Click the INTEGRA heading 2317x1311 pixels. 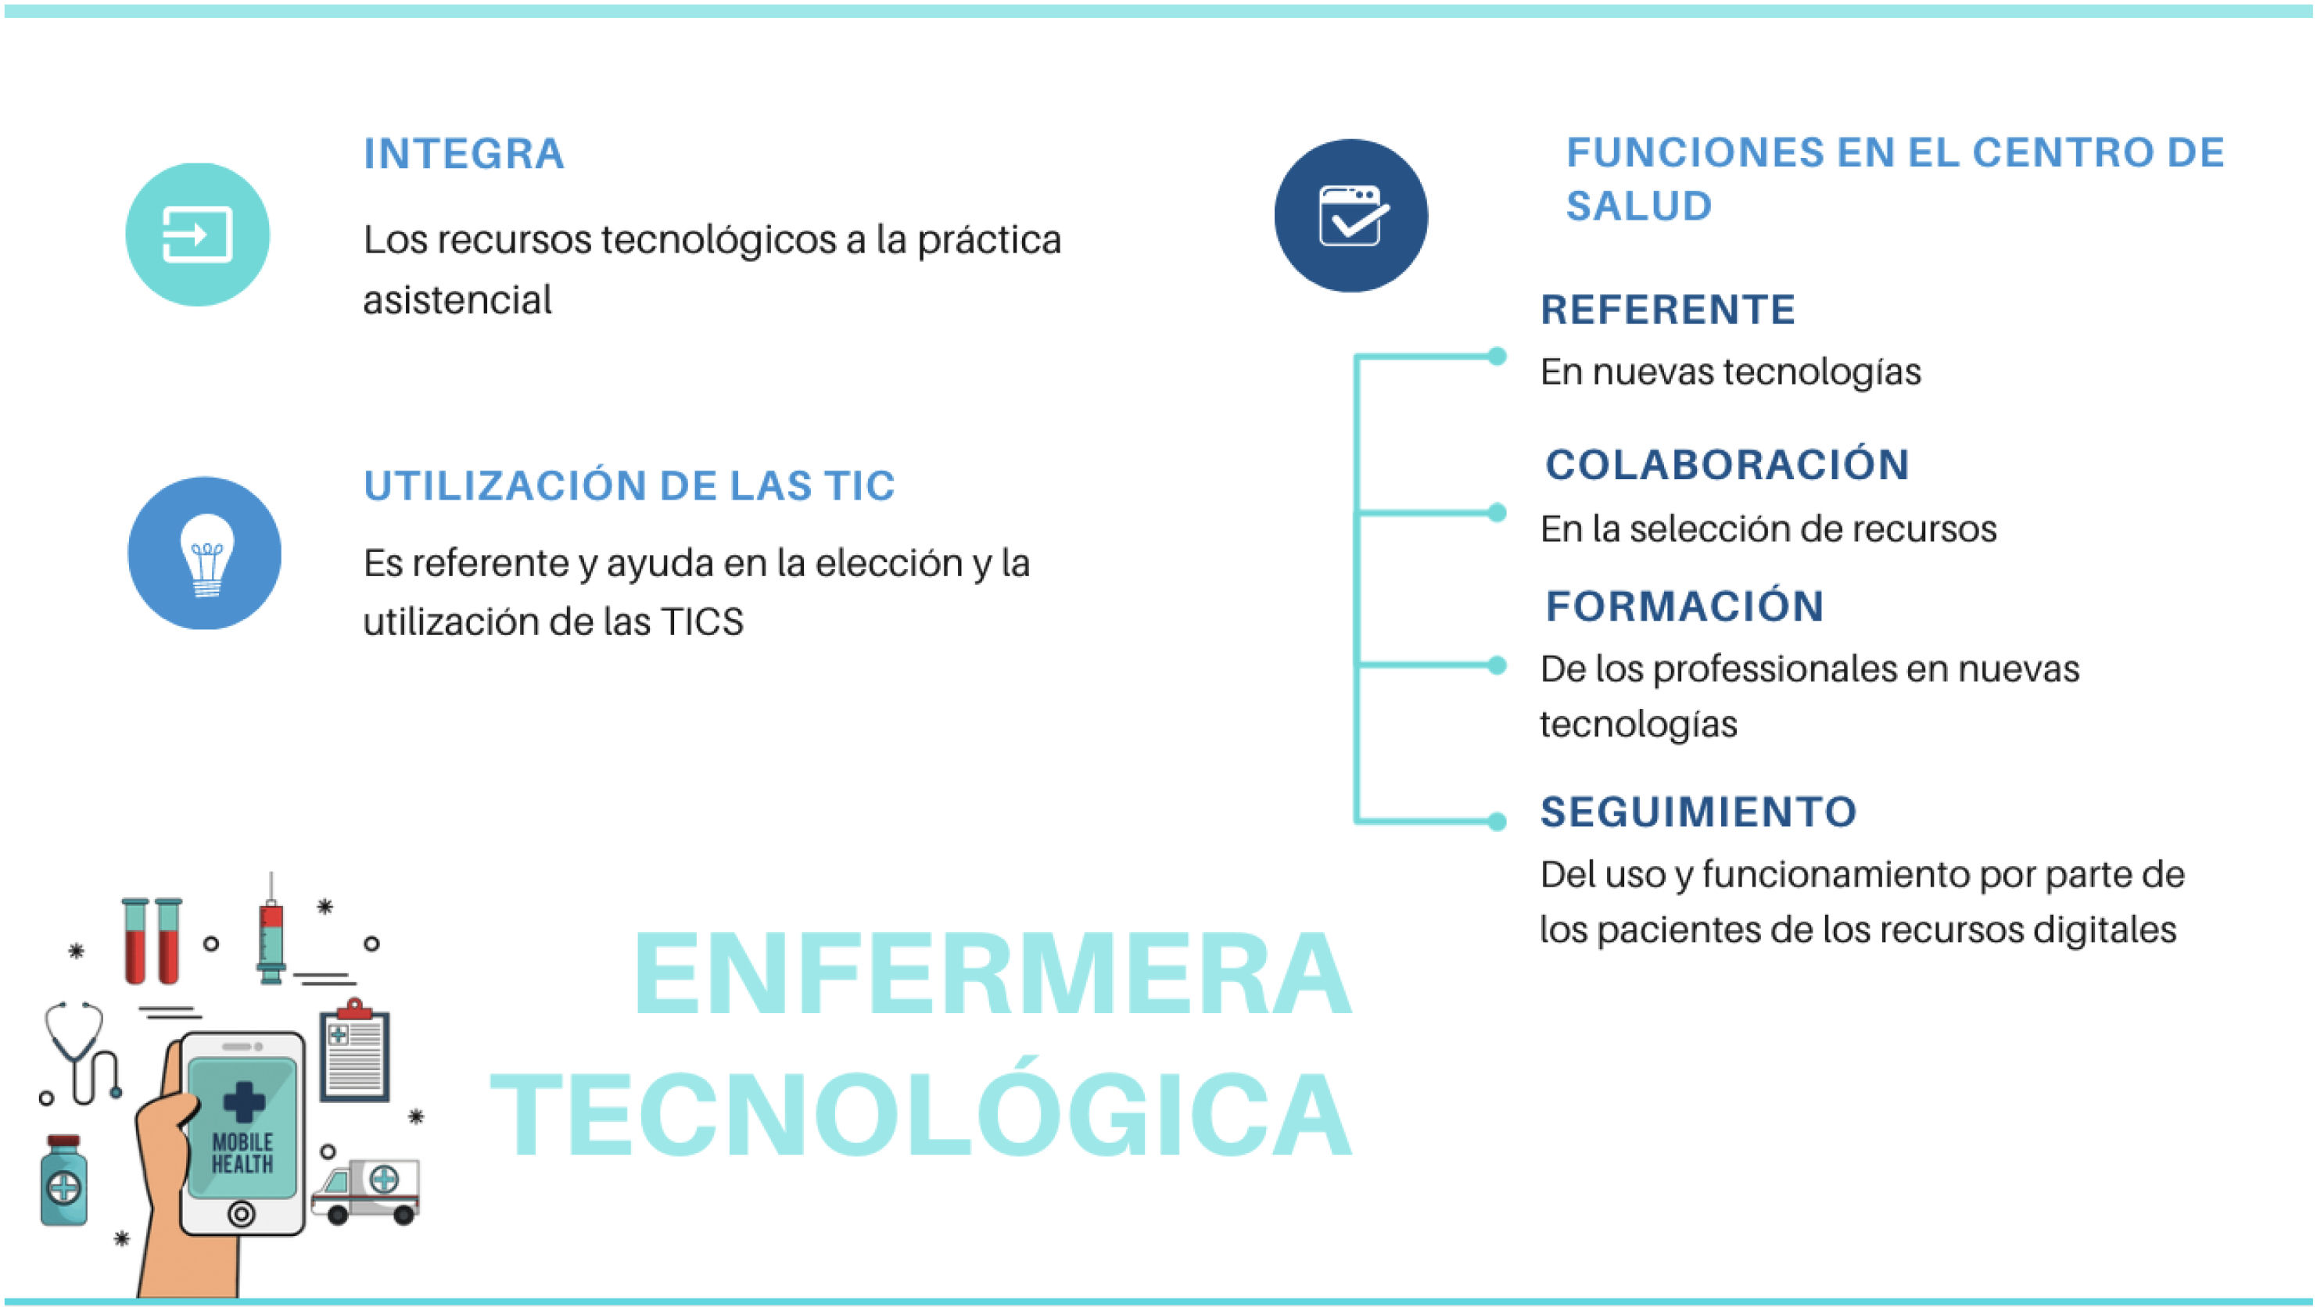click(464, 153)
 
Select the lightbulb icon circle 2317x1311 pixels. click(204, 553)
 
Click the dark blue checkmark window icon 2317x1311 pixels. click(1350, 215)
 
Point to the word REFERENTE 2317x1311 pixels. click(1668, 310)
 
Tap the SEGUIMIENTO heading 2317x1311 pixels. click(1698, 811)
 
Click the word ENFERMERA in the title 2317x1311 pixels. click(993, 974)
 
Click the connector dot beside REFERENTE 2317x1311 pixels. click(1497, 356)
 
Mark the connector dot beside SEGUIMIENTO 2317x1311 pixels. click(1497, 821)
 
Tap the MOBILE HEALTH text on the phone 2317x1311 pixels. click(242, 1153)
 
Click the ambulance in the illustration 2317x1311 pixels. click(367, 1191)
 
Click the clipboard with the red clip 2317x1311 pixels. click(355, 1050)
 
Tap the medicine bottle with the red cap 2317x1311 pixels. click(64, 1180)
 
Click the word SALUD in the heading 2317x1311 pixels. click(1639, 206)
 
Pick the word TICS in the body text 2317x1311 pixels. click(702, 621)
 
